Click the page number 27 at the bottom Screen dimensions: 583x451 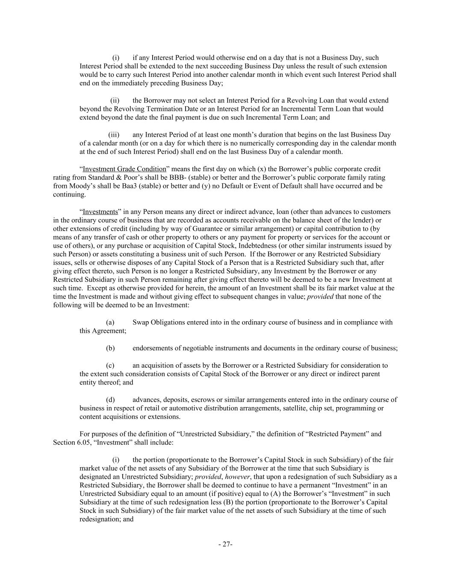pos(225,544)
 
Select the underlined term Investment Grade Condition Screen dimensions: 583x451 pos(124,169)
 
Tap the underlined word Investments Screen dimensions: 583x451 pos(100,212)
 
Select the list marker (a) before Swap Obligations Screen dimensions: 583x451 pos(110,322)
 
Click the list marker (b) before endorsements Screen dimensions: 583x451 pos(110,348)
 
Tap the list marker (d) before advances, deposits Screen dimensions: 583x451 pos(110,400)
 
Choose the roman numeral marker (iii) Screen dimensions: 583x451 pos(114,135)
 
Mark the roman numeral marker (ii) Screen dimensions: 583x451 pos(115,101)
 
